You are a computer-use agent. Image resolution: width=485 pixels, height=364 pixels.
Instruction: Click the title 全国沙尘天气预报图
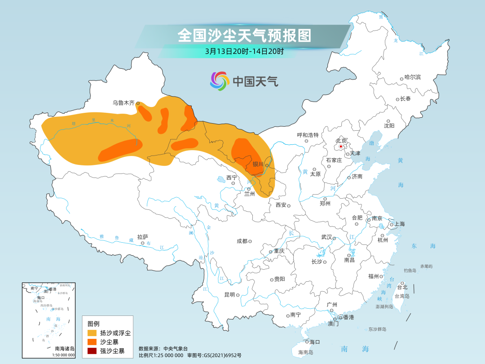[x=244, y=35]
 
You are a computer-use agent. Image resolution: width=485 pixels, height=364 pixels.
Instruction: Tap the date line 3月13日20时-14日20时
[x=244, y=51]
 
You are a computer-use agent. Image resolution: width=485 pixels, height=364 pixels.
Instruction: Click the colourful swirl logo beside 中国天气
[x=220, y=81]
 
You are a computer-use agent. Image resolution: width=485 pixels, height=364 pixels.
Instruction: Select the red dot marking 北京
[x=341, y=146]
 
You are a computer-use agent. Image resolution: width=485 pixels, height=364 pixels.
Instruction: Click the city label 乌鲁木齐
[x=123, y=103]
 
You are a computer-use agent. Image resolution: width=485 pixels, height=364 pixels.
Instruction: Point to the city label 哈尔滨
[x=413, y=77]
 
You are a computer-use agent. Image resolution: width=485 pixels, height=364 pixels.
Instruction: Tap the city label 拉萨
[x=142, y=237]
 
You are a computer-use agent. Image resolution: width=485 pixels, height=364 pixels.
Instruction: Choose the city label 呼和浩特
[x=308, y=135]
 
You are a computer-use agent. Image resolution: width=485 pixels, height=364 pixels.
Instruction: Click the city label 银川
[x=258, y=164]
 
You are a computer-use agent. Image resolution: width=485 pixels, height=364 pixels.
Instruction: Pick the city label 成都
[x=242, y=241]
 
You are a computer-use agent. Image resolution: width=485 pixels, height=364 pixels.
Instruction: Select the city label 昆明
[x=229, y=295]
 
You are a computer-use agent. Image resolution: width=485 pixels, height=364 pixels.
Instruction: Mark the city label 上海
[x=399, y=224]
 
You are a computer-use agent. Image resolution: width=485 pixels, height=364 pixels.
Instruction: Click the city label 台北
[x=402, y=287]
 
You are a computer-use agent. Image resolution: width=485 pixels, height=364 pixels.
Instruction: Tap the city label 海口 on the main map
[x=314, y=342]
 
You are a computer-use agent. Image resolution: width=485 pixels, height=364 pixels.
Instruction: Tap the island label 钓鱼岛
[x=410, y=271]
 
